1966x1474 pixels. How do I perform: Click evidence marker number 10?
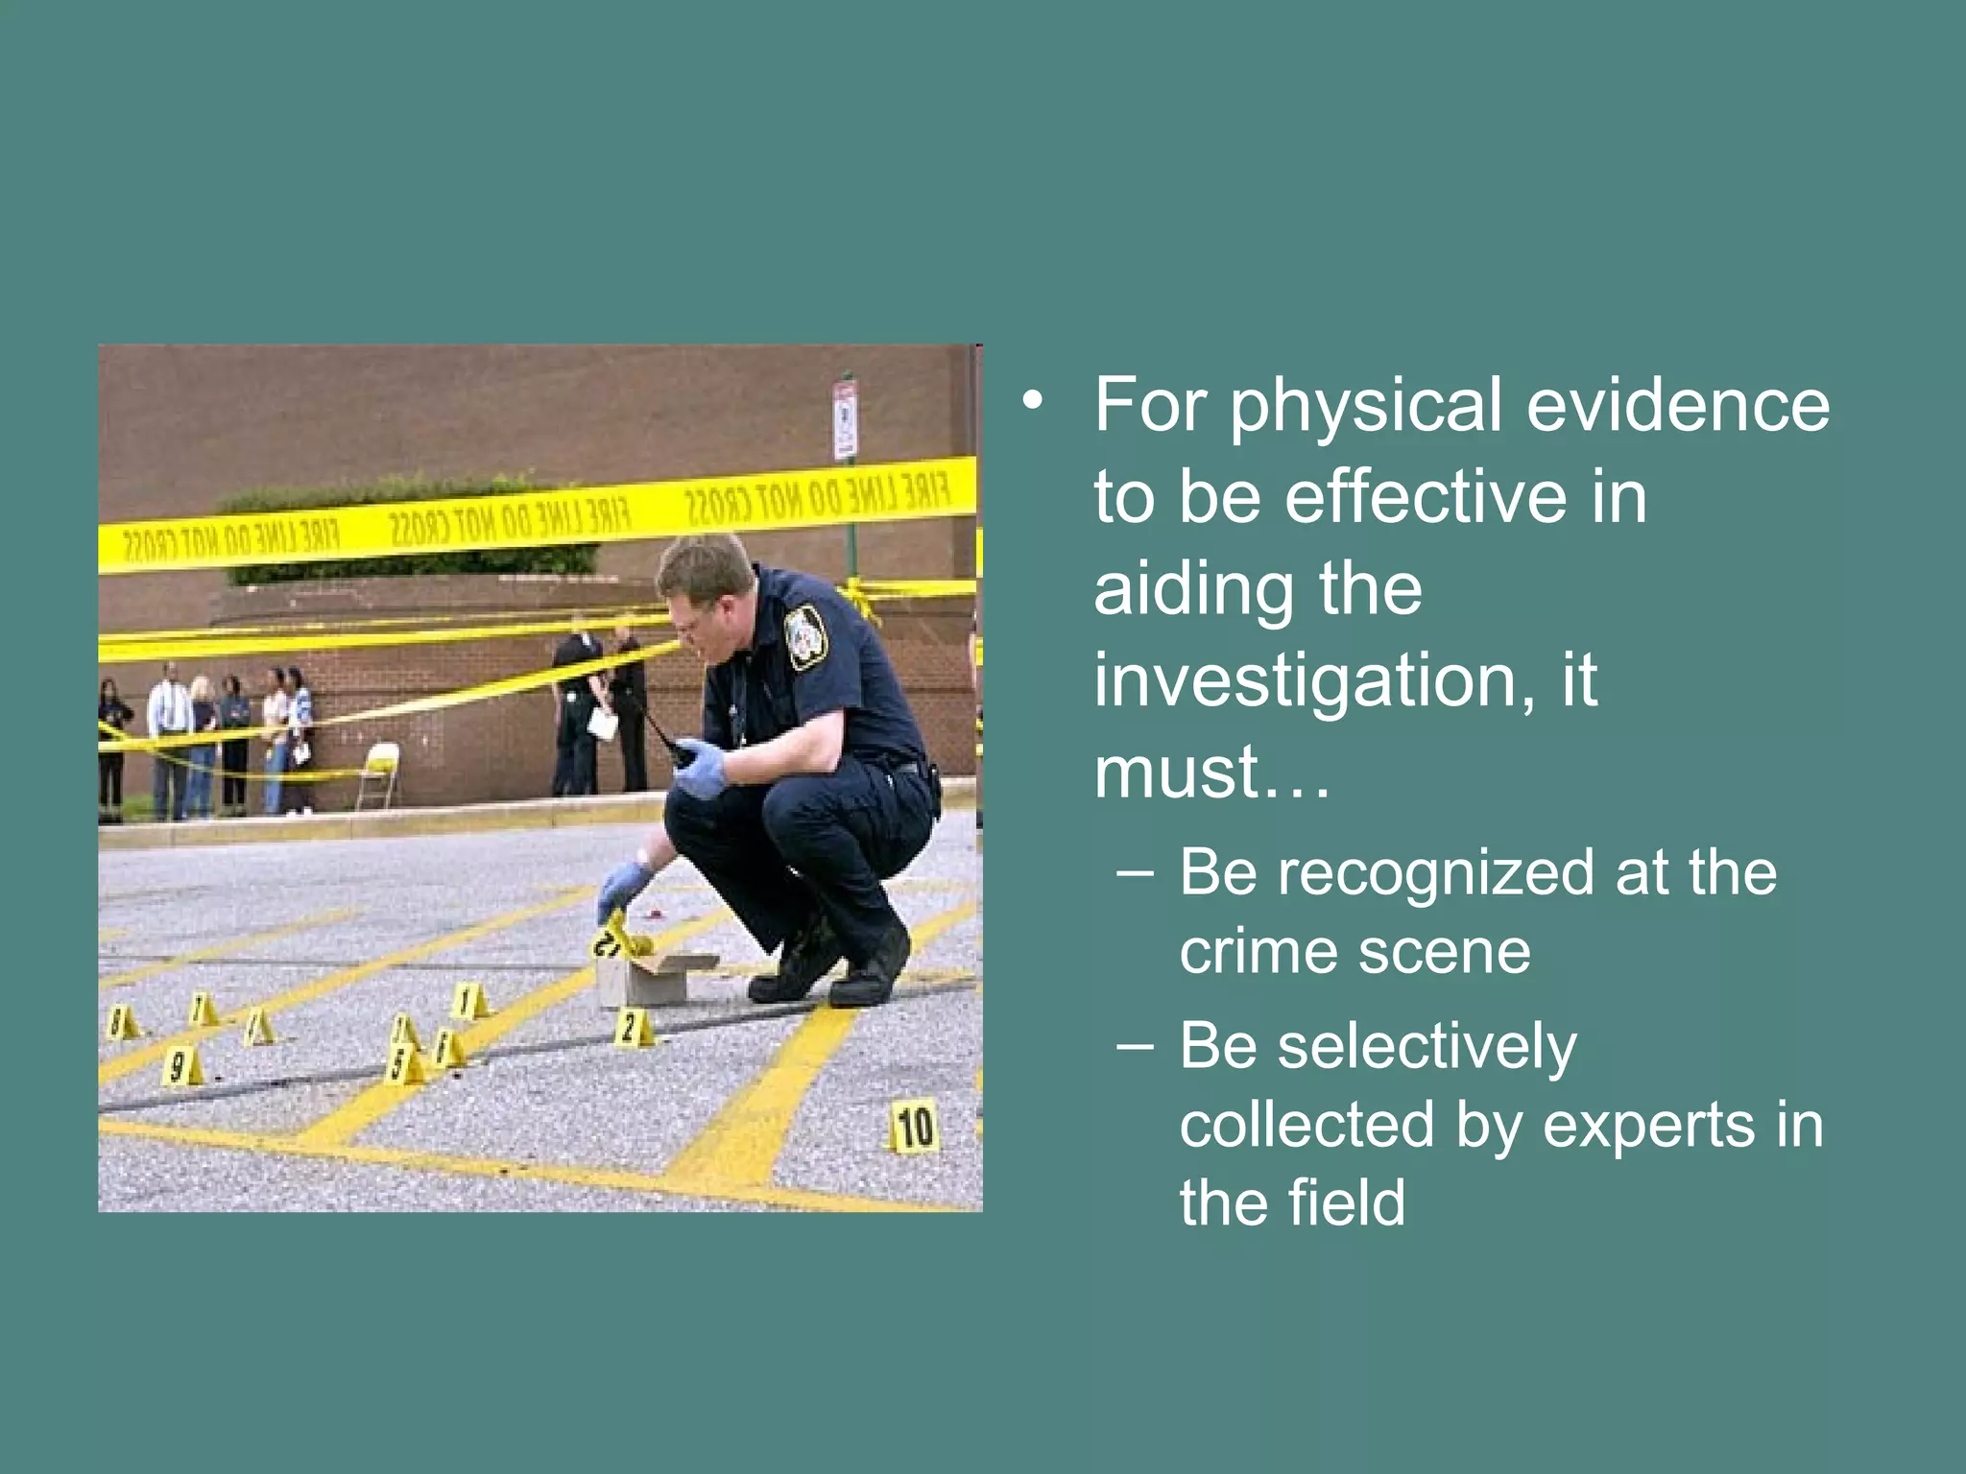914,1127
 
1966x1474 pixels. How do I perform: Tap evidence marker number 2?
632,1028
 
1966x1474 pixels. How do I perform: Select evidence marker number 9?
180,1067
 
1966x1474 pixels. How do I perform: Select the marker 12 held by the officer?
614,936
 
